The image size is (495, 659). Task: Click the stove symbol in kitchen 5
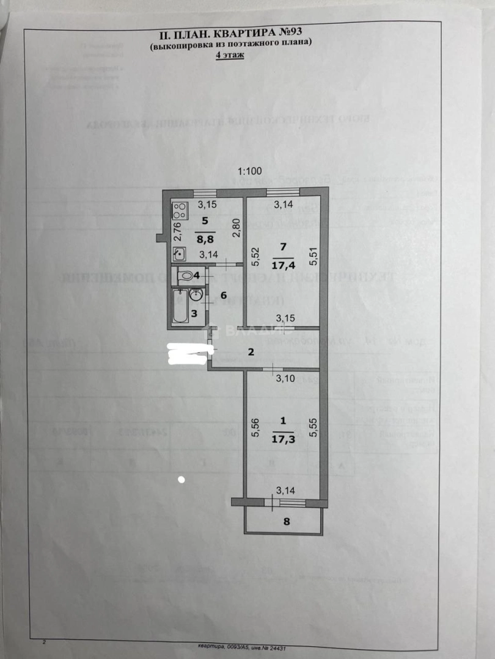pyautogui.click(x=179, y=211)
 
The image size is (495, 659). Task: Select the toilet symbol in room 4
pyautogui.click(x=184, y=276)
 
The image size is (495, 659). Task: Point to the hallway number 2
pyautogui.click(x=249, y=352)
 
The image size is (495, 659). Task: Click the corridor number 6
pyautogui.click(x=224, y=295)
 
